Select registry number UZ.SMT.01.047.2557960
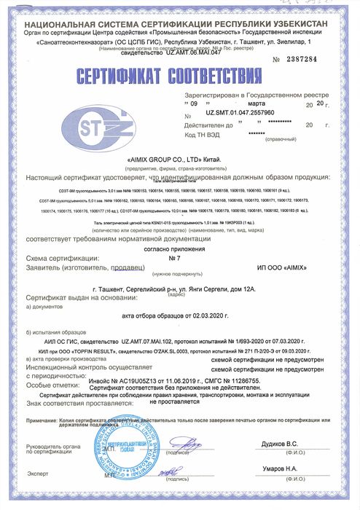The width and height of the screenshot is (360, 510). (240, 114)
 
